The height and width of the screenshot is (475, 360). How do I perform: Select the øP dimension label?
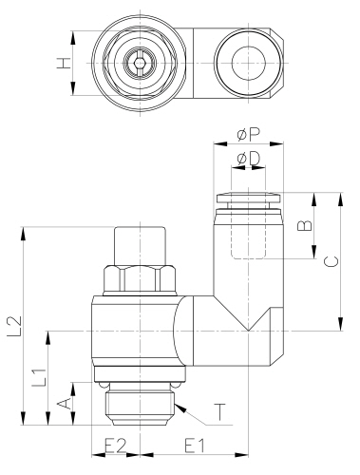click(x=248, y=133)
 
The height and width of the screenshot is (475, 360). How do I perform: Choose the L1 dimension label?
click(x=39, y=376)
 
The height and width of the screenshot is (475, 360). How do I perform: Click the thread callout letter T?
click(x=219, y=411)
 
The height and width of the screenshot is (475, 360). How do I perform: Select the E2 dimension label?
click(x=115, y=445)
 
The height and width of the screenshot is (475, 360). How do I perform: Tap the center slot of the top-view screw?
click(x=141, y=64)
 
